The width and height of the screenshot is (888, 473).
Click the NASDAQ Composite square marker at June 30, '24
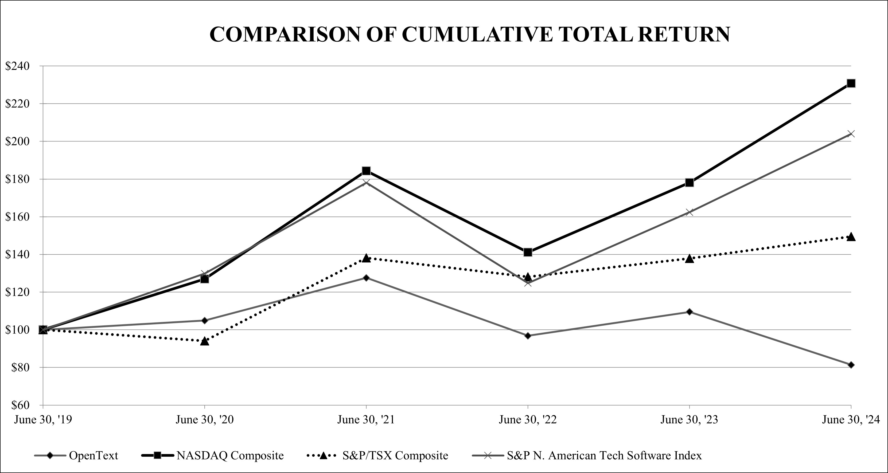point(851,83)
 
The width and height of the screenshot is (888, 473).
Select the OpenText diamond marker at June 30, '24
point(851,365)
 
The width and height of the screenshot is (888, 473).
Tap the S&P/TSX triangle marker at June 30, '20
point(204,341)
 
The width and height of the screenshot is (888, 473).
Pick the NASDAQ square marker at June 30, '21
point(366,171)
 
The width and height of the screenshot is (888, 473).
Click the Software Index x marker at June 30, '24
point(851,134)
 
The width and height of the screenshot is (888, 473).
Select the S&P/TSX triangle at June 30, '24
point(851,237)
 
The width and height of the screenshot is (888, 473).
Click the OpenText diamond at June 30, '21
point(366,278)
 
